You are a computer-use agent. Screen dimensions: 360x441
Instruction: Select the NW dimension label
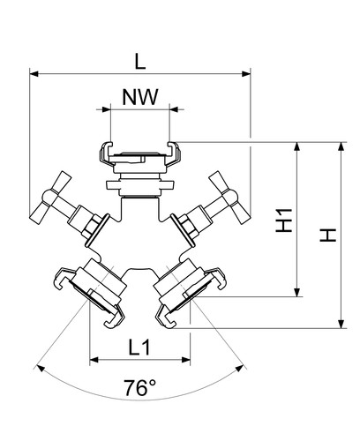140,97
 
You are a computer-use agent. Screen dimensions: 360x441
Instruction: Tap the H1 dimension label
284,220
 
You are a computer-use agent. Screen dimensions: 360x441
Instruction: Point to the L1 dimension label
139,347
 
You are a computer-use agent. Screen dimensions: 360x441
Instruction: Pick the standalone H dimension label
328,235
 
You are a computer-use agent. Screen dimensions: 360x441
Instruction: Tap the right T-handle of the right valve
230,198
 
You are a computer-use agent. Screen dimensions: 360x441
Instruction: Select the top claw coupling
140,157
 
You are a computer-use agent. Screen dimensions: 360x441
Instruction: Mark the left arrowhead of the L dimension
34,74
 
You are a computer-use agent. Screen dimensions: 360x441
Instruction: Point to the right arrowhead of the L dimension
246,74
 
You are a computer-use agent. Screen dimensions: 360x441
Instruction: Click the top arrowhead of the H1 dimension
297,146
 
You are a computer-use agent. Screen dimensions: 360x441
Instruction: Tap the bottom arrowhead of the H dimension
341,324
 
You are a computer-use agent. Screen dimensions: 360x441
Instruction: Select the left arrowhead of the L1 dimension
94,360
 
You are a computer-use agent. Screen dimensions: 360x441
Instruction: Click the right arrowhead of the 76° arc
240,368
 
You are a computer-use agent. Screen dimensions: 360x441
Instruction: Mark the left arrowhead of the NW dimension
106,109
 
